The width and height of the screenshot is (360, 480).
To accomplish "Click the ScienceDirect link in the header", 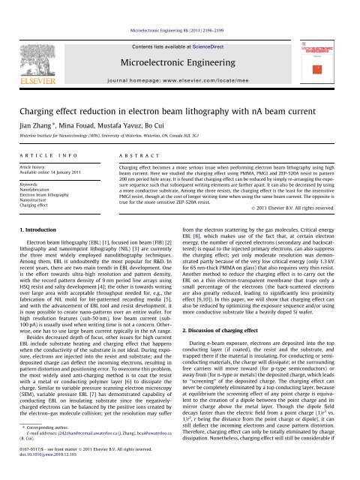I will tap(202, 25).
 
